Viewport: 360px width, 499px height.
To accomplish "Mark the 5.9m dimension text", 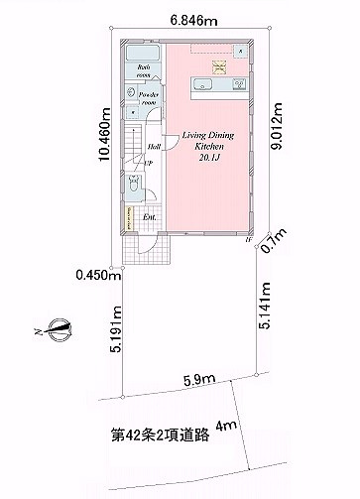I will pyautogui.click(x=192, y=378).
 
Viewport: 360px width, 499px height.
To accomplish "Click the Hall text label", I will pyautogui.click(x=155, y=146).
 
